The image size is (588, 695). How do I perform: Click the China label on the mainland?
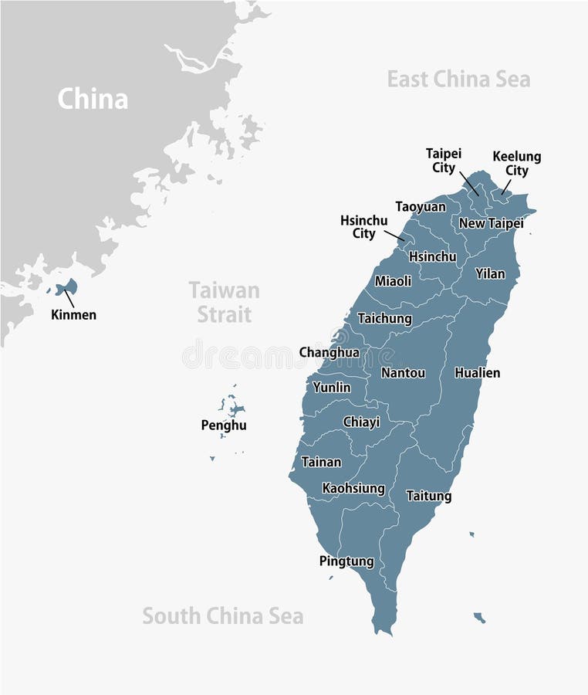[93, 99]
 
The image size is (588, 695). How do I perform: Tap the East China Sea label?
[458, 79]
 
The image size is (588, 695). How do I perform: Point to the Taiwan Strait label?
[224, 302]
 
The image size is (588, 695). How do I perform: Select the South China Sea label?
[222, 616]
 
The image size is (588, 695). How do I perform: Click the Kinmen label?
[73, 314]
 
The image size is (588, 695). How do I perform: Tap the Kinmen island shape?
[69, 288]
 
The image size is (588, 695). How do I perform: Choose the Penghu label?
[224, 425]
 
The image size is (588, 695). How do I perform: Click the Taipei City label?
[444, 161]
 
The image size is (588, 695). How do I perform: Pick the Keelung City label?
[517, 164]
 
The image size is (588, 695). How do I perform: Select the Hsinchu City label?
[363, 227]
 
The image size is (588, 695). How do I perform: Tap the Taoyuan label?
[421, 207]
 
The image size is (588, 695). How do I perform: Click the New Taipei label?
[491, 223]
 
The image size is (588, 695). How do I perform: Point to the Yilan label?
[490, 273]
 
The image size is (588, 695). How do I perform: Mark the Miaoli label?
[393, 281]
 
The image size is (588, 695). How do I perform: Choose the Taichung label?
[384, 318]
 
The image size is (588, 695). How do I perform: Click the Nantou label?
[403, 373]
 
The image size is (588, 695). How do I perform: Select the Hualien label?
[477, 373]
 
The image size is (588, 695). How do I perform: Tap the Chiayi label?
[361, 422]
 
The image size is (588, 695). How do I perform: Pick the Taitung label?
[428, 496]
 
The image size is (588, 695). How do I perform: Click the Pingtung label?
[346, 561]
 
